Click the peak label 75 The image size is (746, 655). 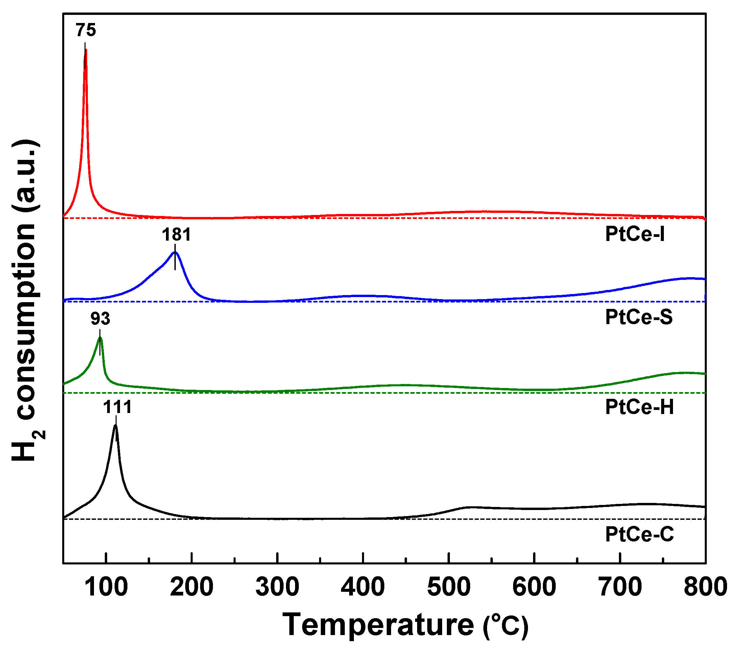(x=86, y=30)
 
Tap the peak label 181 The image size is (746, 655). (x=176, y=235)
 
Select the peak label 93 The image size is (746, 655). (x=100, y=319)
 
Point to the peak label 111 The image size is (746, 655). (x=117, y=407)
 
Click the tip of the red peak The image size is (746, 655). (x=86, y=50)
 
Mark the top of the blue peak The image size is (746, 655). (x=175, y=252)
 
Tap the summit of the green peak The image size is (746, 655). (x=100, y=338)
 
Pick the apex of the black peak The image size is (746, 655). (x=115, y=426)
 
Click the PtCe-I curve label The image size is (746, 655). (x=635, y=234)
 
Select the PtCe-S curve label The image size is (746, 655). (x=639, y=317)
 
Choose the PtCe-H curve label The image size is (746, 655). (x=639, y=407)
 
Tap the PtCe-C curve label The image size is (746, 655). (x=639, y=534)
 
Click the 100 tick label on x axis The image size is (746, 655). (x=106, y=587)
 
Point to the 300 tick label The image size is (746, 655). (x=278, y=587)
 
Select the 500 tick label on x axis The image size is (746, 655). (x=449, y=587)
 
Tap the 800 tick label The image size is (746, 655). (x=705, y=587)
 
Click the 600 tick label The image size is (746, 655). (x=534, y=587)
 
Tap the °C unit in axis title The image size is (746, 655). (x=506, y=626)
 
